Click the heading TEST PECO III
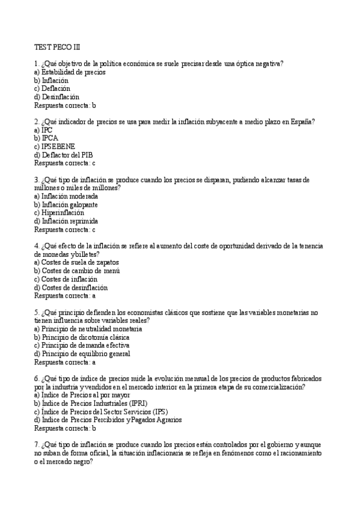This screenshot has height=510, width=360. click(56, 46)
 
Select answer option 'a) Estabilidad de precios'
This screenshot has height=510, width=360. click(70, 72)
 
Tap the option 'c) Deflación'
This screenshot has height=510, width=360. click(52, 88)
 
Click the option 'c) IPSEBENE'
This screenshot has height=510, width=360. click(55, 146)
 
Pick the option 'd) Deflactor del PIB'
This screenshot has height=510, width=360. click(63, 155)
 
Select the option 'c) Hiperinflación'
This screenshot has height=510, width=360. click(59, 212)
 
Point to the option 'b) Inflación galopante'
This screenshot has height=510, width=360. click(66, 204)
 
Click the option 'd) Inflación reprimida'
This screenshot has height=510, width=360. click(66, 221)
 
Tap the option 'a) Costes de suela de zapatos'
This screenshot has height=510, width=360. click(76, 262)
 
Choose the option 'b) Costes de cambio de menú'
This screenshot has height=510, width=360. click(77, 271)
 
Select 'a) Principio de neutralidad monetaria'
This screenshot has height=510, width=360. click(88, 329)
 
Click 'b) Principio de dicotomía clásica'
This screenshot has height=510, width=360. click(81, 337)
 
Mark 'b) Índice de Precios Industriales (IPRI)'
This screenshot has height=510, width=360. click(90, 403)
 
